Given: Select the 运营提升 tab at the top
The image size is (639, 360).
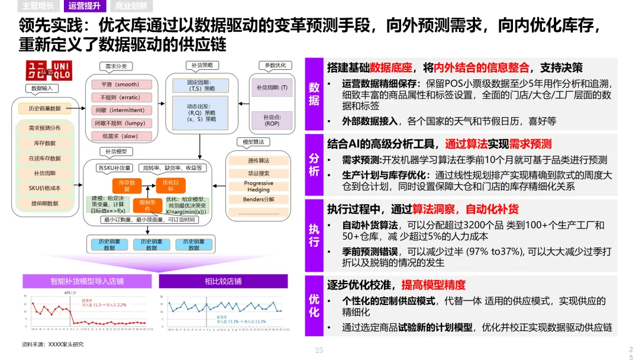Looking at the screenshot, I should (84, 7).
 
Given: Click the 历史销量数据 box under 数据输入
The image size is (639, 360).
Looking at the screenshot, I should (45, 108).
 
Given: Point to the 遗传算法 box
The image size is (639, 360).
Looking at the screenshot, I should (258, 160).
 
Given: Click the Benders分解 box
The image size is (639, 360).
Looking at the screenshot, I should (259, 200).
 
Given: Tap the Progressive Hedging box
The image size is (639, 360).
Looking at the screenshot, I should (259, 187).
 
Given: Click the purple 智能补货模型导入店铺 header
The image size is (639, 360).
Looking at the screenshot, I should (87, 281).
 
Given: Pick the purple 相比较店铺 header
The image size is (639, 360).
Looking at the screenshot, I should (223, 281).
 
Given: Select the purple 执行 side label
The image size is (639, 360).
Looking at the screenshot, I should (314, 235).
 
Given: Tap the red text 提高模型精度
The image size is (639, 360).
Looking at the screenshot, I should (434, 285).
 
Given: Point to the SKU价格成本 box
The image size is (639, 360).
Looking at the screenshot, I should (45, 188).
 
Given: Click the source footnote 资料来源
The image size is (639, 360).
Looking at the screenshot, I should (53, 344).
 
